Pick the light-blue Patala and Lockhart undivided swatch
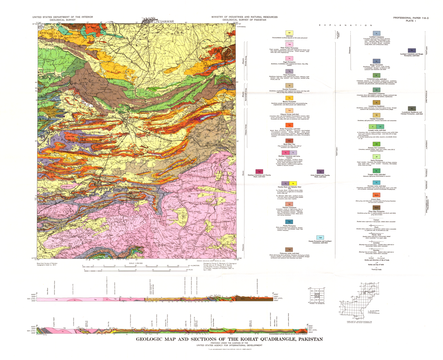(321, 238)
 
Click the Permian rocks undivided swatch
(376, 183)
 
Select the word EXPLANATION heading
(346, 25)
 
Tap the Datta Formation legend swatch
(376, 156)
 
